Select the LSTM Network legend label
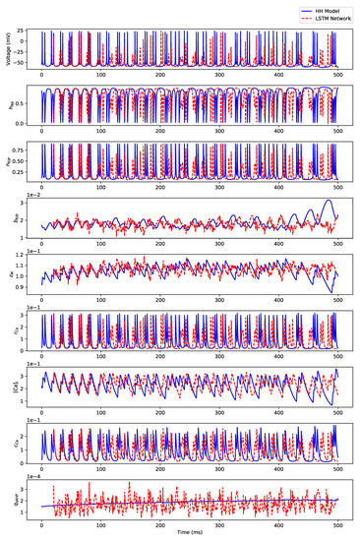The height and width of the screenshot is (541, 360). (330, 17)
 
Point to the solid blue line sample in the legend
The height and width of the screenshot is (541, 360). (298, 8)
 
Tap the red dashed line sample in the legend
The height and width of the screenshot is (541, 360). (298, 17)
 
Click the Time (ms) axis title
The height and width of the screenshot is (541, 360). (190, 533)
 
